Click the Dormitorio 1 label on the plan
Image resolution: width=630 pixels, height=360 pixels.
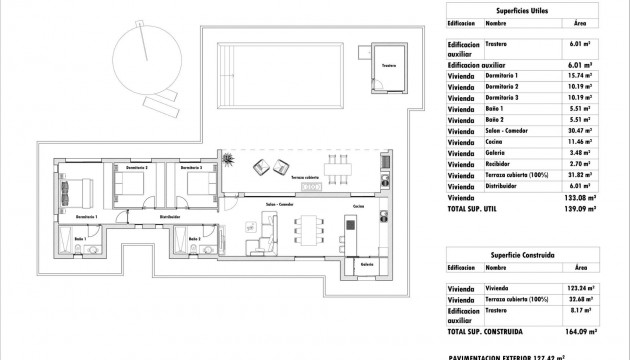click(85, 216)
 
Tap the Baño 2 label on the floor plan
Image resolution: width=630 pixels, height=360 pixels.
click(195, 240)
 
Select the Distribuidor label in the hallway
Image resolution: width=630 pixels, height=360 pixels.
click(170, 216)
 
